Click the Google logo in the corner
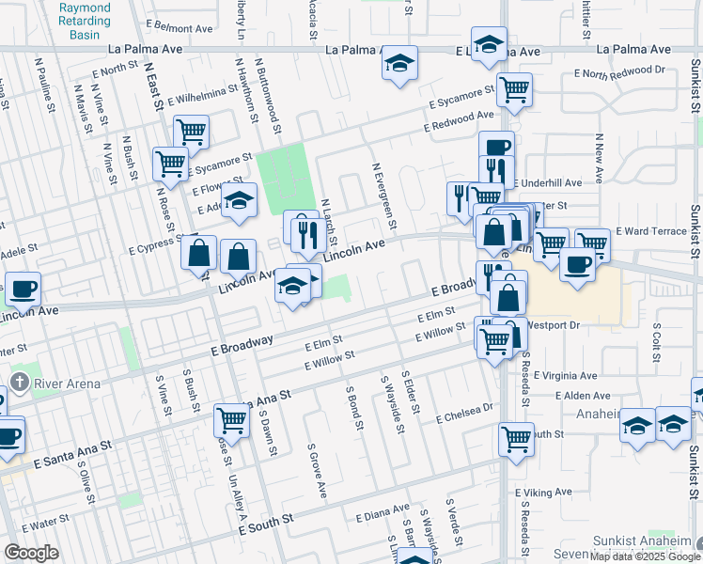coord(31,553)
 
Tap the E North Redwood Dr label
coord(610,70)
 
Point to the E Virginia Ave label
coord(566,374)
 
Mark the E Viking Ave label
coord(543,492)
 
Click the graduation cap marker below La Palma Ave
coord(399,63)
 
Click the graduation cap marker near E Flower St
coord(240,199)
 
